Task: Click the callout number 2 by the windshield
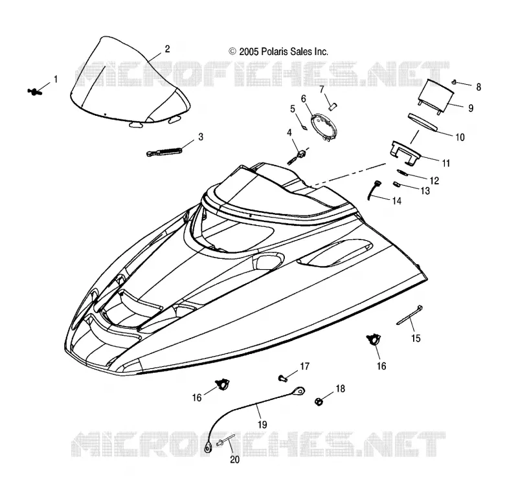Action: [x=167, y=49]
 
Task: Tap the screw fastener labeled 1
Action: [x=34, y=92]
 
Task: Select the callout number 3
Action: [x=201, y=137]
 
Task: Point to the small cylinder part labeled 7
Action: [x=332, y=107]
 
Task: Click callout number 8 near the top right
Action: [x=479, y=87]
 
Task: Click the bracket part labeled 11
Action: [x=406, y=152]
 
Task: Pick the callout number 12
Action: [x=434, y=181]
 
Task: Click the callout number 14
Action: [x=396, y=201]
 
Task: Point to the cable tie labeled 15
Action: [x=409, y=315]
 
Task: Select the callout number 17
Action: [x=304, y=366]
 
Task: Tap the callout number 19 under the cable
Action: [x=262, y=425]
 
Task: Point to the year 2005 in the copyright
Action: [x=249, y=52]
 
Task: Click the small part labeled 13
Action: [x=396, y=184]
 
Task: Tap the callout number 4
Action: [x=289, y=133]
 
